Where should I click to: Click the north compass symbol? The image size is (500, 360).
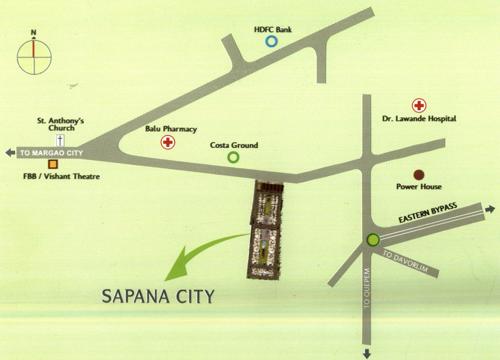(33, 57)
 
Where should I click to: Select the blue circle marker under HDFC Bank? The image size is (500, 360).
(271, 42)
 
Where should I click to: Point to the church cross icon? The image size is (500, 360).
(60, 143)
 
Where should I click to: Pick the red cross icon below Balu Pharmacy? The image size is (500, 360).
(168, 143)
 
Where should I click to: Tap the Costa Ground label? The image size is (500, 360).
(234, 146)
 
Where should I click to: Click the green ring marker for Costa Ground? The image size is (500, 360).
(234, 158)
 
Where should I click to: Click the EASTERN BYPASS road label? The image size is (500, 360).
(427, 212)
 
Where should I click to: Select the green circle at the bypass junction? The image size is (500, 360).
(373, 240)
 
